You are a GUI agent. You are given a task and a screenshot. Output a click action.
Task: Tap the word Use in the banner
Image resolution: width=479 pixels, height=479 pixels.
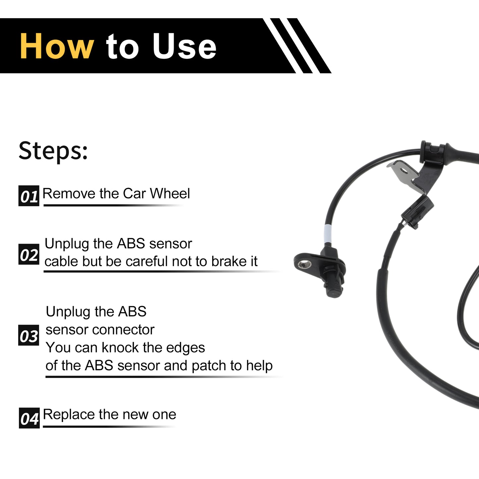pos(184,46)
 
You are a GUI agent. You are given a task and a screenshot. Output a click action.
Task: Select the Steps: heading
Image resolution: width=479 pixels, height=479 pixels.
pos(53,151)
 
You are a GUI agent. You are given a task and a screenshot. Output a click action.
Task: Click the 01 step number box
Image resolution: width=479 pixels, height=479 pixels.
pos(29,196)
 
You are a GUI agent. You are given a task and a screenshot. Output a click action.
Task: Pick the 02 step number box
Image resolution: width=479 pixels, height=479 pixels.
pos(29,254)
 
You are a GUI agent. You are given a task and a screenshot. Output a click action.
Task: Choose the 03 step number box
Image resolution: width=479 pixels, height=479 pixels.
pos(29,335)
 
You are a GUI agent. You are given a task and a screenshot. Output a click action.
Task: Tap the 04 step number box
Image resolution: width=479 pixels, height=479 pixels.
pos(29,418)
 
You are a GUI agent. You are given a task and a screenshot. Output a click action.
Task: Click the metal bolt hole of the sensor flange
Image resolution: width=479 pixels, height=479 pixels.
pos(306,265)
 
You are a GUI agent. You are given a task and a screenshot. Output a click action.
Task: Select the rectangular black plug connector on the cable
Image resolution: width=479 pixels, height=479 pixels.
pos(417,211)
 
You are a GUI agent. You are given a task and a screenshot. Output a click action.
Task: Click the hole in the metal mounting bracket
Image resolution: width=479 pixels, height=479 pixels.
pos(404,170)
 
